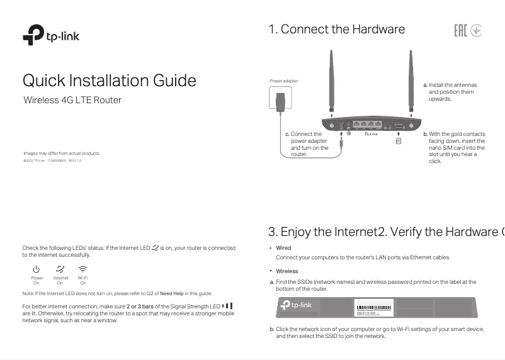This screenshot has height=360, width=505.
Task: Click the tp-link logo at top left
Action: pyautogui.click(x=51, y=35)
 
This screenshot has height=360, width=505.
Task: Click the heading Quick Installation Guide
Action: pyautogui.click(x=109, y=81)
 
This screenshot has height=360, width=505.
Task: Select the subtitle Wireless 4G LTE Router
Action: pyautogui.click(x=72, y=100)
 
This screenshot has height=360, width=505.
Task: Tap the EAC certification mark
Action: pyautogui.click(x=460, y=30)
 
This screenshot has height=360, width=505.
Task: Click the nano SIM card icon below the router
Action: pyautogui.click(x=399, y=141)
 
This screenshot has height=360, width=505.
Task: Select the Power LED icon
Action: pyautogui.click(x=37, y=269)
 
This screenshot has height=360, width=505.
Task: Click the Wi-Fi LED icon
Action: pyautogui.click(x=82, y=269)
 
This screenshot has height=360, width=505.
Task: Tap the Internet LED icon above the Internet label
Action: pyautogui.click(x=60, y=269)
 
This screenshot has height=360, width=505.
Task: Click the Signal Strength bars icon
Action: pyautogui.click(x=227, y=307)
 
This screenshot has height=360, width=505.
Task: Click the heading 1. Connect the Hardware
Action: pyautogui.click(x=336, y=30)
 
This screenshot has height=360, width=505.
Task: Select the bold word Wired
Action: pyautogui.click(x=283, y=248)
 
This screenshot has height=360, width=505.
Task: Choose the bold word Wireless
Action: pyautogui.click(x=287, y=271)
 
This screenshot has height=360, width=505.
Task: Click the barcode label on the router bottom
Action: pyautogui.click(x=374, y=308)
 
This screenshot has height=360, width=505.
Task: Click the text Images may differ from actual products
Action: pyautogui.click(x=62, y=154)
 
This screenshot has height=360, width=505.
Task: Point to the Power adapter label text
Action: pyautogui.click(x=284, y=81)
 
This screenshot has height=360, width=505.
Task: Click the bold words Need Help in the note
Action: pyautogui.click(x=171, y=293)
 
